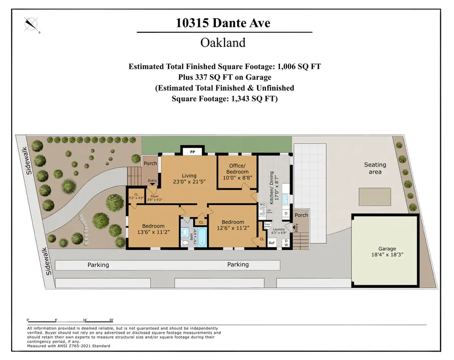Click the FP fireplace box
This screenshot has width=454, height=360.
[192, 151]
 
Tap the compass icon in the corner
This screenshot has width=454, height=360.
[32, 24]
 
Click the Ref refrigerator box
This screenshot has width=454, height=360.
[271, 243]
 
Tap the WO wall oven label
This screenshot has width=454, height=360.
[262, 204]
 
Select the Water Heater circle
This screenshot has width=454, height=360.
[267, 225]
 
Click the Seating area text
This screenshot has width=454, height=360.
[375, 168]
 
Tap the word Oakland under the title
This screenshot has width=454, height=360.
[223, 42]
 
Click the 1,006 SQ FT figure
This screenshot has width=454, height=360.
[294, 66]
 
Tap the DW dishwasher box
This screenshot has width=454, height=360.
[286, 243]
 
